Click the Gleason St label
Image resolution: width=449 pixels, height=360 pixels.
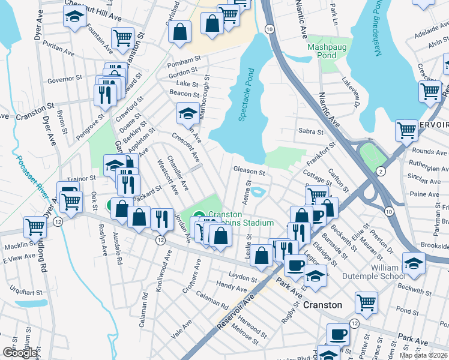pos(249,172)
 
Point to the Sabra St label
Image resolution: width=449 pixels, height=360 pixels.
pos(310,131)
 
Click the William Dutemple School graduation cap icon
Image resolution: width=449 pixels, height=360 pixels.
pos(414,262)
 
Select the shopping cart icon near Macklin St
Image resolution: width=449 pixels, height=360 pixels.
pos(35,227)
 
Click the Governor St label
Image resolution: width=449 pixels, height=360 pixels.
pos(64,79)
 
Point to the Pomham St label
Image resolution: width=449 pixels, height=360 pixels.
pos(184,61)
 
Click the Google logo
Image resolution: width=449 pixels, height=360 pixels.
pos(19,352)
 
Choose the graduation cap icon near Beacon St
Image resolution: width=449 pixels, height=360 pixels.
pos(188,112)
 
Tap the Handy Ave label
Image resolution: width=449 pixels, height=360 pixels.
pos(228,287)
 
